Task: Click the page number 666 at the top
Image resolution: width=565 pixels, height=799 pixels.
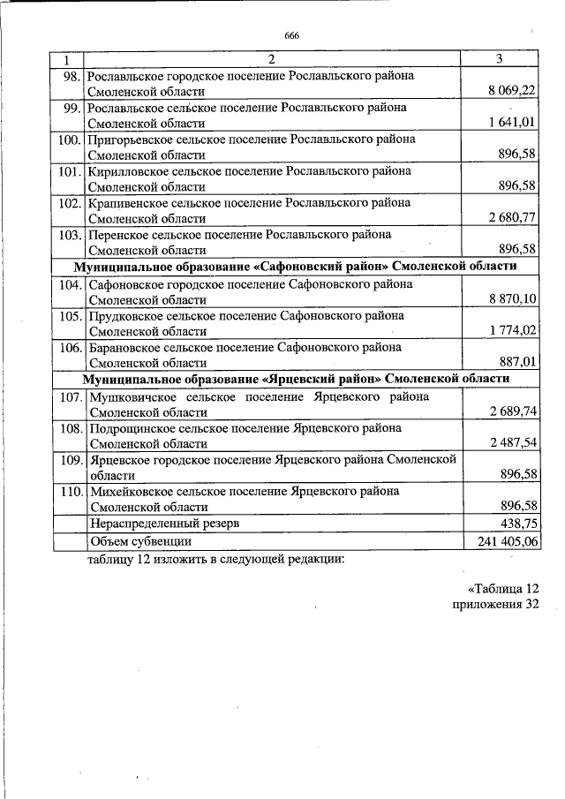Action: [x=291, y=35]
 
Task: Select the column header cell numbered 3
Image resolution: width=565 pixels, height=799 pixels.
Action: [x=500, y=59]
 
